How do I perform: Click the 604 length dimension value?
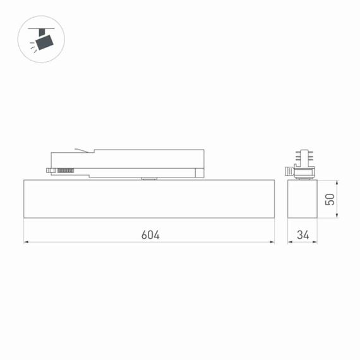click(150, 235)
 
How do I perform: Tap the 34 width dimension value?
click(303, 235)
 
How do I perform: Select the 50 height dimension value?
click(329, 199)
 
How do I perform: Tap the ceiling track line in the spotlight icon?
click(42, 28)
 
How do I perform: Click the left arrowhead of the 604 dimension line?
click(27, 242)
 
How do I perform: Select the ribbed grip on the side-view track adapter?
click(64, 169)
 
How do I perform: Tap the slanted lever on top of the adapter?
click(81, 150)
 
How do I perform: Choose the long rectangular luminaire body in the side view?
click(149, 198)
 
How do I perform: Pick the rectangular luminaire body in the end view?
click(302, 198)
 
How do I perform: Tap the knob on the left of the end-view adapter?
click(289, 171)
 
